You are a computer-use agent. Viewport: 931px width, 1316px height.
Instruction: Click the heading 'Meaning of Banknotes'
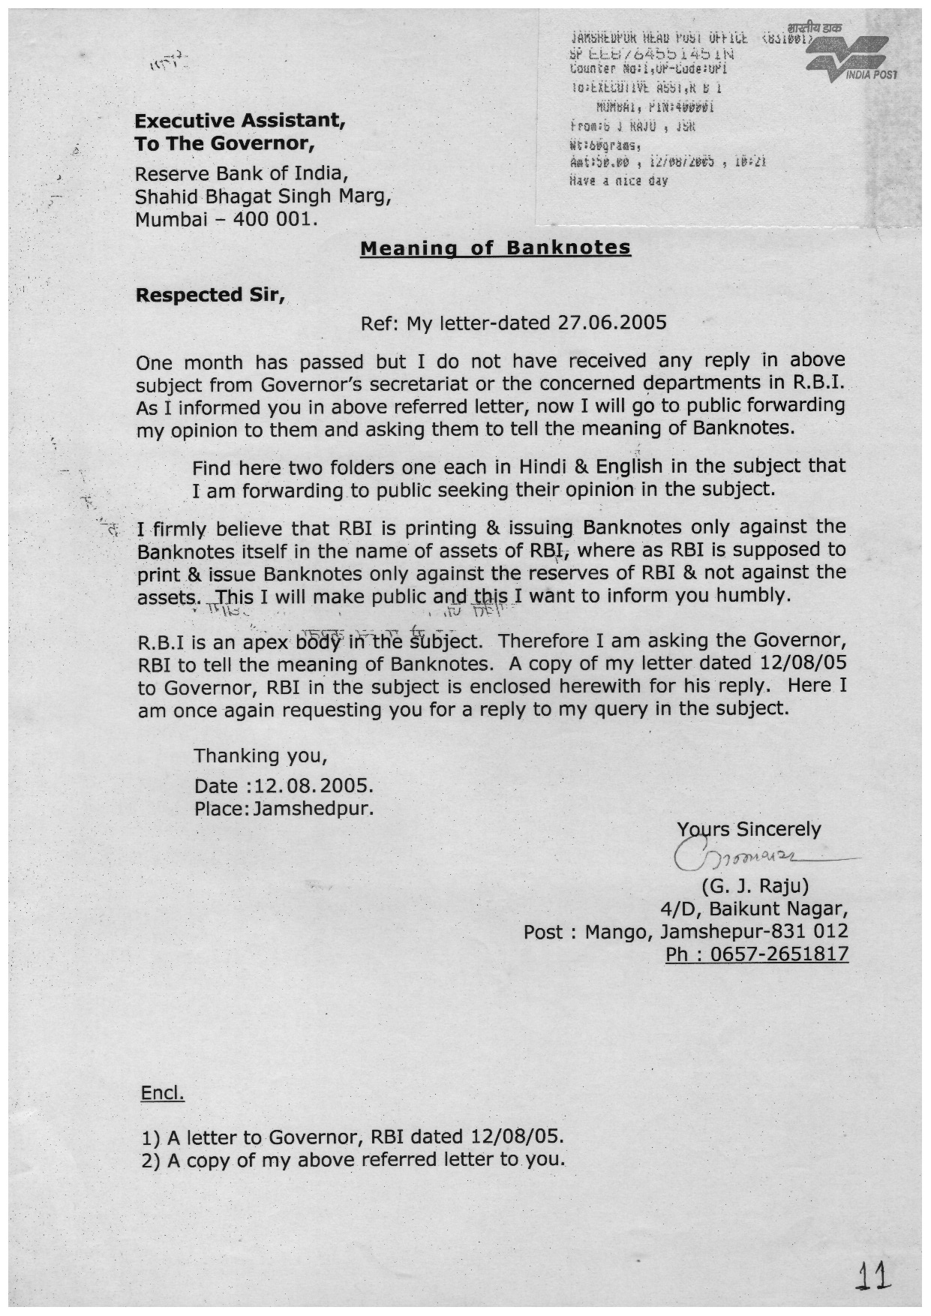point(495,248)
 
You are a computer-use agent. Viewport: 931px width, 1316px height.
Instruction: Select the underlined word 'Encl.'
point(162,1093)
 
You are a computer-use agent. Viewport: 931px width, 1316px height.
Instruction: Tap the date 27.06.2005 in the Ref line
point(612,323)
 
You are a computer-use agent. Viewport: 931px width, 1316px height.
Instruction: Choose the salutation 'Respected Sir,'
point(209,295)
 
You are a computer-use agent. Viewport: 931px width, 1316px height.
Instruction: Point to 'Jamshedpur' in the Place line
point(313,810)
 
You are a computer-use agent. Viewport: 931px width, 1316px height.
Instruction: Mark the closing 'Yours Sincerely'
point(749,829)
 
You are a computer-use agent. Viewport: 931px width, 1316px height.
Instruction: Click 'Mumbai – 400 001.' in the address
point(226,220)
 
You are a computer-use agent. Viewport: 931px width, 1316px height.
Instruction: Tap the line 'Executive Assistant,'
point(239,121)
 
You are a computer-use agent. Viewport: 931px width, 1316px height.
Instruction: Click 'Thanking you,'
point(260,755)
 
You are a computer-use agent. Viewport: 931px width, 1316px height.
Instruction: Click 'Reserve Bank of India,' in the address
point(242,174)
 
